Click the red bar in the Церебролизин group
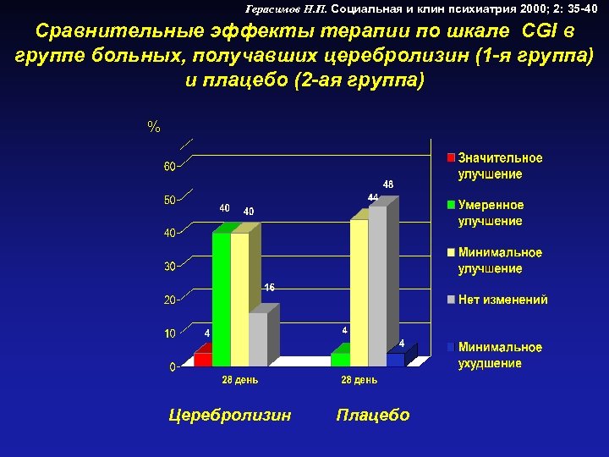click(203, 359)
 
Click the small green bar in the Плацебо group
click(340, 359)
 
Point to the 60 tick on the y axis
click(169, 167)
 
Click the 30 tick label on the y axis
click(169, 267)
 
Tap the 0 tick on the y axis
click(172, 368)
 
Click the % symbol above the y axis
click(153, 127)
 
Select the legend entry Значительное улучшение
click(500, 166)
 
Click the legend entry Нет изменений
click(502, 300)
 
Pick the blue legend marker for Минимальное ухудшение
click(452, 347)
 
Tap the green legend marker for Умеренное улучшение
click(452, 205)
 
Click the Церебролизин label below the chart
click(230, 415)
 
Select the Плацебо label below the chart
click(373, 415)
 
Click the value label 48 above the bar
click(387, 184)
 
